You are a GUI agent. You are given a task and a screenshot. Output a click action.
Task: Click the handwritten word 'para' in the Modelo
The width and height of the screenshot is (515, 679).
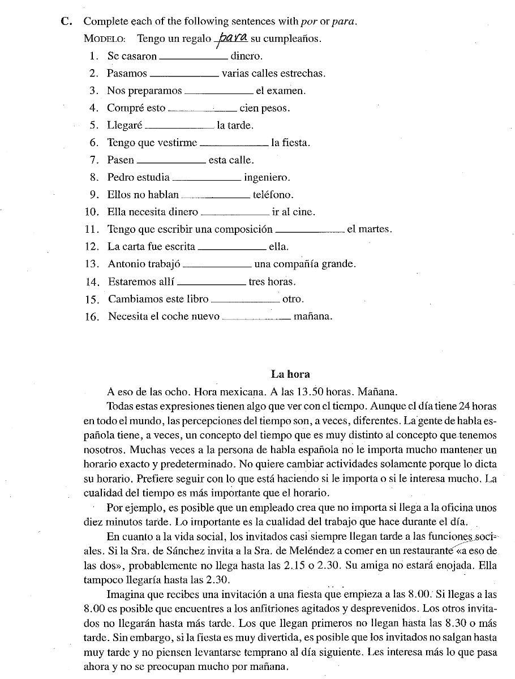pyautogui.click(x=232, y=37)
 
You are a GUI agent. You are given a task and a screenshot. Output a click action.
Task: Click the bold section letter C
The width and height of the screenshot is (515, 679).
pyautogui.click(x=66, y=22)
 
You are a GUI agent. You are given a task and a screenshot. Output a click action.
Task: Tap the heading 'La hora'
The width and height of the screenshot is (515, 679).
pyautogui.click(x=290, y=374)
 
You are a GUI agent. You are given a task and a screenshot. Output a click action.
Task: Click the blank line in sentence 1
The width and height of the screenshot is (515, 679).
pyautogui.click(x=194, y=57)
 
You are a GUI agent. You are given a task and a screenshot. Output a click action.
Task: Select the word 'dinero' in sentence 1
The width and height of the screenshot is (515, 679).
pyautogui.click(x=246, y=56)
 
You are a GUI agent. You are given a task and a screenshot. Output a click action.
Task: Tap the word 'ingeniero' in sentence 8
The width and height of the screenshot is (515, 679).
pyautogui.click(x=267, y=177)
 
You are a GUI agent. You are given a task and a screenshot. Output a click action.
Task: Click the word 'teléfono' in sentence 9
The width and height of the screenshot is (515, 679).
pyautogui.click(x=273, y=195)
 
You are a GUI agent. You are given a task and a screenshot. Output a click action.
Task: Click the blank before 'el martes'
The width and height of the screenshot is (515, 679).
pyautogui.click(x=310, y=230)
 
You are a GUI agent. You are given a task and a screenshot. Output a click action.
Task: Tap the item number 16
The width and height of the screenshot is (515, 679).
pyautogui.click(x=92, y=317)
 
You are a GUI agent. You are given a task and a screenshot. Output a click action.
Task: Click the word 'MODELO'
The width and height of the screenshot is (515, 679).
pyautogui.click(x=104, y=39)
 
